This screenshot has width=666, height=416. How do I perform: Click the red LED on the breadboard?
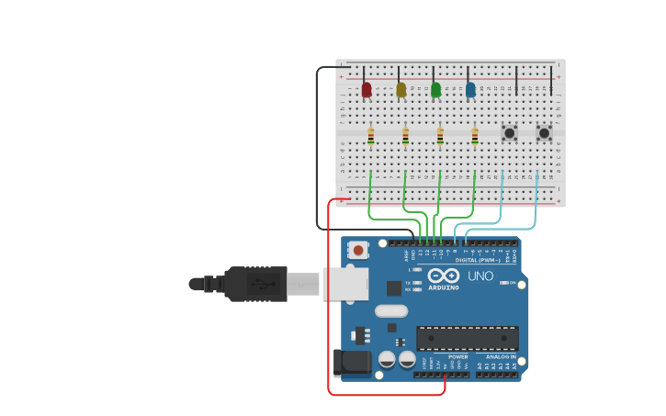pyautogui.click(x=367, y=89)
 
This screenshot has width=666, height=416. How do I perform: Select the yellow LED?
pyautogui.click(x=401, y=89)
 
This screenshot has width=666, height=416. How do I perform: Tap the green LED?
pyautogui.click(x=435, y=89)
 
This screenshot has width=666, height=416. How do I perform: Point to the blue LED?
pyautogui.click(x=470, y=89)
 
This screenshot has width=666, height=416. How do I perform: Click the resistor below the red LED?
pyautogui.click(x=370, y=136)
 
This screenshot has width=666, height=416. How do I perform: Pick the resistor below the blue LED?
pyautogui.click(x=475, y=136)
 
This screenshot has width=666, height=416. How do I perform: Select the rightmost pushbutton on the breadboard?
pyautogui.click(x=544, y=133)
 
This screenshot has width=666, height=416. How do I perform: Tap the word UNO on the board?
pyautogui.click(x=481, y=275)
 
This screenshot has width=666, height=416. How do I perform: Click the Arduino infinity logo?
pyautogui.click(x=443, y=275)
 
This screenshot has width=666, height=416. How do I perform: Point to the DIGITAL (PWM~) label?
pyautogui.click(x=479, y=260)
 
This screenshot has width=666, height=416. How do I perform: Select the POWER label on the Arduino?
pyautogui.click(x=457, y=356)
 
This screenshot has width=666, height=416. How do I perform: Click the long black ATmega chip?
pyautogui.click(x=467, y=338)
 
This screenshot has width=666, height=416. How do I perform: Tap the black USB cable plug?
pyautogui.click(x=257, y=284)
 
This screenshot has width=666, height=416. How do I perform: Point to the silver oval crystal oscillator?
pyautogui.click(x=390, y=311)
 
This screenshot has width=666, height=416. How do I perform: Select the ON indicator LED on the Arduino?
pyautogui.click(x=503, y=283)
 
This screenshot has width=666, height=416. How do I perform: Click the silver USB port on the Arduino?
pyautogui.click(x=345, y=284)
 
